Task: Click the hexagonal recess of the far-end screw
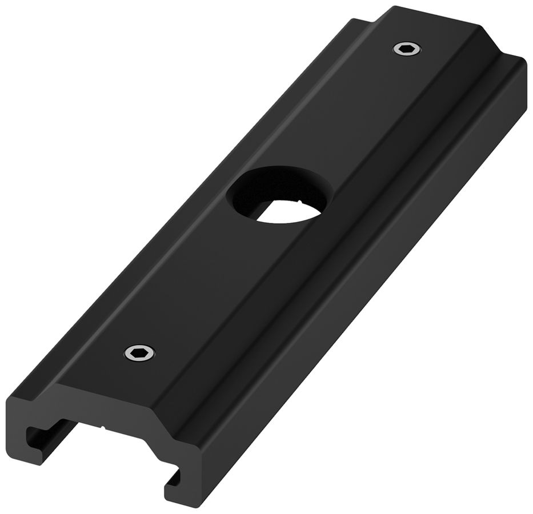click(x=406, y=50)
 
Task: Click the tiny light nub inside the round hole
click(x=299, y=201)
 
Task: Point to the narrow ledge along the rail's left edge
click(x=171, y=200)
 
